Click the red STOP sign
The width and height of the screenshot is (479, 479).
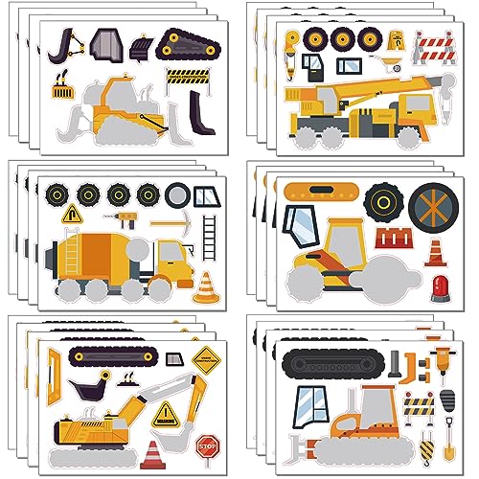click(207, 444)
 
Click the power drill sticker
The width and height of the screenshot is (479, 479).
click(128, 218)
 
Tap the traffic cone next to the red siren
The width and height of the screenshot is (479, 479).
click(435, 253)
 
